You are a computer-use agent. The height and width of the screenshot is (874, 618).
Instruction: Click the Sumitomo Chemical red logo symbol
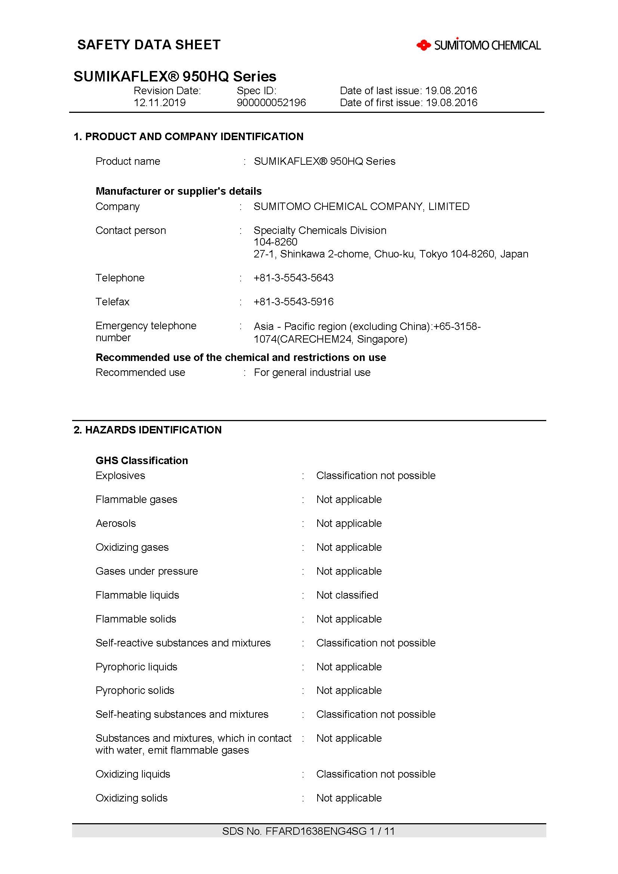[423, 45]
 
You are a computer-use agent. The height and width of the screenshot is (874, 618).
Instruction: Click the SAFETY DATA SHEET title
[149, 44]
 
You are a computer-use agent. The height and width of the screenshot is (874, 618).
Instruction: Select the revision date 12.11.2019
[160, 102]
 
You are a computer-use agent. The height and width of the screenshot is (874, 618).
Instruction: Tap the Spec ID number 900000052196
[271, 102]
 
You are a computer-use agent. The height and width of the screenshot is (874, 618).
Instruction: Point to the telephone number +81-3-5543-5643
[293, 278]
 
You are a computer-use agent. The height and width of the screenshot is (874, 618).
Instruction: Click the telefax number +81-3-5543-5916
[293, 302]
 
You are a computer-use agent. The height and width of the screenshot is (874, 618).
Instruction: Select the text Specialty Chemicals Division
[320, 230]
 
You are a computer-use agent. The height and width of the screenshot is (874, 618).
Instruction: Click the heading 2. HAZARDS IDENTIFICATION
[147, 430]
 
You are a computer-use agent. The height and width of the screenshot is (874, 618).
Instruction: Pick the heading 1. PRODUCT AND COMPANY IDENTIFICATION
[188, 136]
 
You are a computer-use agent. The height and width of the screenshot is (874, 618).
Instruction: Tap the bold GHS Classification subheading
[142, 461]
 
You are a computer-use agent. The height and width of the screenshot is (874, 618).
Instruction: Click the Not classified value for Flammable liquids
[347, 595]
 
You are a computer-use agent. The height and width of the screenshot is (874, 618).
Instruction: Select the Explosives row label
[120, 475]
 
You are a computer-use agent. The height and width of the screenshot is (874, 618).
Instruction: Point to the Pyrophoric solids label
[135, 690]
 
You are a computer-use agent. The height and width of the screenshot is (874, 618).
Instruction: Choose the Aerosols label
[116, 524]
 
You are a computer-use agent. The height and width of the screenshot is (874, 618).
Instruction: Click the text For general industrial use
[312, 372]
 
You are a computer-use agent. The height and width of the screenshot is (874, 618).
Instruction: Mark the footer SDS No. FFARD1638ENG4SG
[308, 831]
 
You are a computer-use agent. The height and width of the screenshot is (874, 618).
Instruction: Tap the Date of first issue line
[408, 102]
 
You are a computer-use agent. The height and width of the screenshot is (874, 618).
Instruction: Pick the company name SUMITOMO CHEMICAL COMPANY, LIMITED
[361, 206]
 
